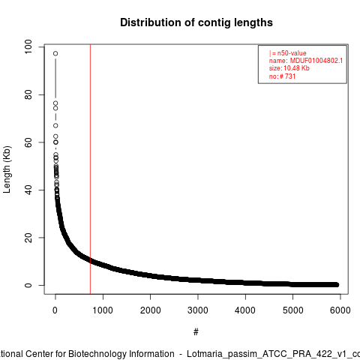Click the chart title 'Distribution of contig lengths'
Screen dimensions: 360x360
coord(196,22)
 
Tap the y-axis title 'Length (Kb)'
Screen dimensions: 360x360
coord(7,169)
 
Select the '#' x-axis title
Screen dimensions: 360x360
coord(196,332)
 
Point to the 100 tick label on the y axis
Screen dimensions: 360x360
coord(28,46)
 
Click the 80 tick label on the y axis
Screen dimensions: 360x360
coord(28,94)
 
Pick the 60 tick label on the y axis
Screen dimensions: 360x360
coord(28,142)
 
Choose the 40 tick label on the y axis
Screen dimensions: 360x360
coord(28,190)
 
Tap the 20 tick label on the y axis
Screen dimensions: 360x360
coord(28,238)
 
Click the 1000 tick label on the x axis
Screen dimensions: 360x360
coord(103,310)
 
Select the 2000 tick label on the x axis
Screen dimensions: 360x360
coord(150,310)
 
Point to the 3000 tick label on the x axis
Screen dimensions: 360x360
coord(198,310)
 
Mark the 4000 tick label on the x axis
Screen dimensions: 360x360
coord(245,310)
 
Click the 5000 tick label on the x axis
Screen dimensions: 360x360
coord(292,310)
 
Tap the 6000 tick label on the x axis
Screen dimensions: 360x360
coord(340,310)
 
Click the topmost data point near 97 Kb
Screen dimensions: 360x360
coord(55,53)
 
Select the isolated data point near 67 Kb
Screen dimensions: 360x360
coord(55,125)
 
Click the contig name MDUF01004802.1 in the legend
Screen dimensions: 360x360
coord(316,61)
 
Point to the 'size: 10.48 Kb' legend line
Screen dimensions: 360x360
coord(289,68)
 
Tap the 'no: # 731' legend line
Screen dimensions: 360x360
coord(282,76)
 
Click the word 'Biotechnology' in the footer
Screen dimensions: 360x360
coord(121,354)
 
